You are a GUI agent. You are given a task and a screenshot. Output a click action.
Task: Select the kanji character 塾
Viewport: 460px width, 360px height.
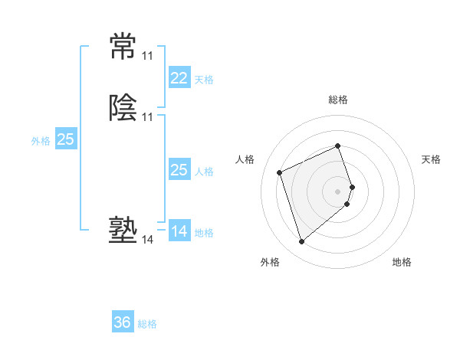(123, 231)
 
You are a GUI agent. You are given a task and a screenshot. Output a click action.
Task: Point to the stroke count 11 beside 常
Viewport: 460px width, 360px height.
(147, 56)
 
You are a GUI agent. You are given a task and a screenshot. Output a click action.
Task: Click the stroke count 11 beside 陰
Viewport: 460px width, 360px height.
(147, 117)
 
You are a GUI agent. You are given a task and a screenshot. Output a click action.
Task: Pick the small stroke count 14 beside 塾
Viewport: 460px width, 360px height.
(147, 240)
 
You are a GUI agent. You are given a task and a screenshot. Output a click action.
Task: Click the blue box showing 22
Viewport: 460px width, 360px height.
(179, 78)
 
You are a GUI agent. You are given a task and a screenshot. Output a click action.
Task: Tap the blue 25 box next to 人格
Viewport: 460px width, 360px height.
(179, 170)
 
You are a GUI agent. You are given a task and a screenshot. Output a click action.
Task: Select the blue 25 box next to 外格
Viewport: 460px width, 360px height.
(66, 139)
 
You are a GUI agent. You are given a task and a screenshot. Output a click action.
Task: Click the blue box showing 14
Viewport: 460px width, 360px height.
(179, 231)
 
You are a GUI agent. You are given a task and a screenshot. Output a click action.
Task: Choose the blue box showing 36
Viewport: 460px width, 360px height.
(123, 322)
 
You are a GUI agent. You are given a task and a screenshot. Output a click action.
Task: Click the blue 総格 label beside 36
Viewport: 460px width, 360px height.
(147, 324)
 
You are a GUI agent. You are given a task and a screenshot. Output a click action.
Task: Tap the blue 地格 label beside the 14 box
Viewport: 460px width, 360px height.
(204, 233)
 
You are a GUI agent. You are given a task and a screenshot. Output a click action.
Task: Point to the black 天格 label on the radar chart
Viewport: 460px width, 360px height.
(431, 159)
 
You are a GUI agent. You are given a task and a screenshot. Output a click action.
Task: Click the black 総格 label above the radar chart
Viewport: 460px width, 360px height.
(338, 100)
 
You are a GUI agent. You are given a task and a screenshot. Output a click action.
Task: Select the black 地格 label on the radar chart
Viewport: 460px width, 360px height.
(402, 263)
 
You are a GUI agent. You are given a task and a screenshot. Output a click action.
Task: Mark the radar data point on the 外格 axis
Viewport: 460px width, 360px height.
(301, 242)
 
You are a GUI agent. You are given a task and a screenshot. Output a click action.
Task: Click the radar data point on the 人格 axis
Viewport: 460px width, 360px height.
(280, 172)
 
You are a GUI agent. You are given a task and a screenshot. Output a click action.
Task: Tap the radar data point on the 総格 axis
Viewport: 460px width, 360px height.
(338, 146)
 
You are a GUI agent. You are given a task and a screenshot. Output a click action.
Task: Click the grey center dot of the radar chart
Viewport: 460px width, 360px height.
(338, 191)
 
